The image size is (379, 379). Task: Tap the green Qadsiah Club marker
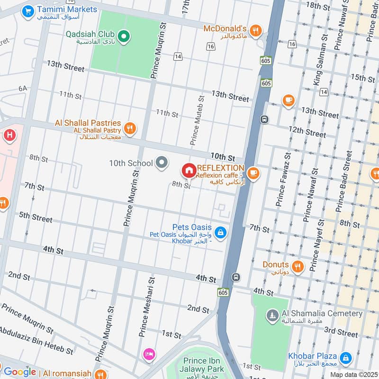124,35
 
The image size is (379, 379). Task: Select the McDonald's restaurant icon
256,30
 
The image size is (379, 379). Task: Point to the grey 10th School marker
162,163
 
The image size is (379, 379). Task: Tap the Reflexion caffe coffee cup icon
253,173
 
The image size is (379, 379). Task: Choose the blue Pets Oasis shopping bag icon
220,232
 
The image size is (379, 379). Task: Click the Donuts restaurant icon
298,265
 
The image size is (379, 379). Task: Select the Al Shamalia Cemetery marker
272,315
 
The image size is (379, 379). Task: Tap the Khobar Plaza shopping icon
346,356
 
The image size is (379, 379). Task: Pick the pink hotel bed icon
149,354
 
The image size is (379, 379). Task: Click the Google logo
20,372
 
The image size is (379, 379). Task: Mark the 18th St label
318,6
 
